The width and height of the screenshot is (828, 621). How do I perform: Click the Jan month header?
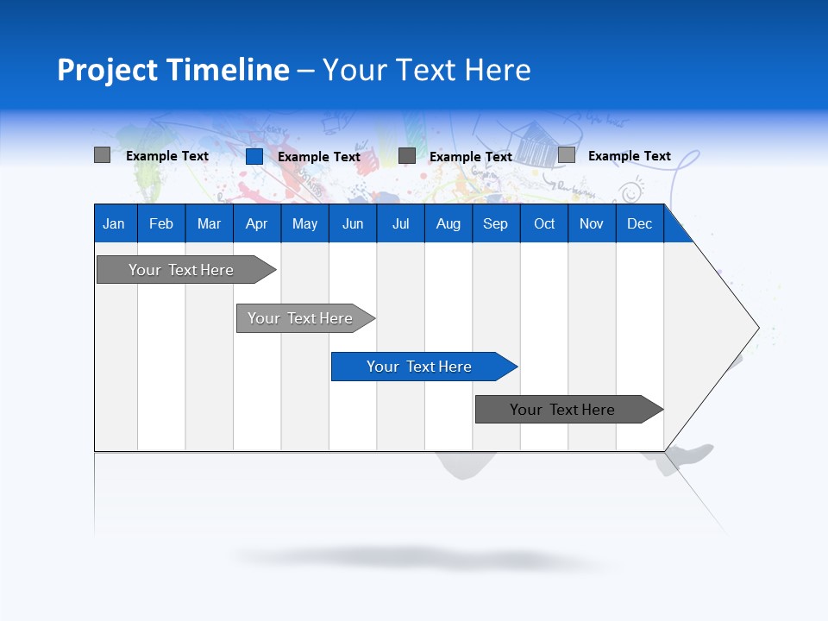pos(115,223)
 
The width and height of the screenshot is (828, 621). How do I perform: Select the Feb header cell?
pos(161,223)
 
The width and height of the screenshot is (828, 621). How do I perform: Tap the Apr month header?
pos(257,223)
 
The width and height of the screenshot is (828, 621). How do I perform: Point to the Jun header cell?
pos(353,223)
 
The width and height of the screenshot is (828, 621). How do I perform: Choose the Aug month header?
pos(448,223)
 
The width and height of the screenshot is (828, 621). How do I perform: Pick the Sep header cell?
pos(496,223)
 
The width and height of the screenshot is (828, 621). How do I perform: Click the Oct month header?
pos(544,223)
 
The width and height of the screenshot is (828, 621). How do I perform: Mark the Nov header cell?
pos(592,223)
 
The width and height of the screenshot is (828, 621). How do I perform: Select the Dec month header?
pos(640,223)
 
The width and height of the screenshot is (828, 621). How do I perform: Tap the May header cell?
pos(304,223)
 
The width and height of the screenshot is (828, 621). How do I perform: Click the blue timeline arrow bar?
pos(423,367)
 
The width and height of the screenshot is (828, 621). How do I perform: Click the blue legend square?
pos(254,156)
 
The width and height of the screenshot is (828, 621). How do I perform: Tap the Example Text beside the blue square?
pos(319,157)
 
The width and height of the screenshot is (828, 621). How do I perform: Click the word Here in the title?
pos(498,70)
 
